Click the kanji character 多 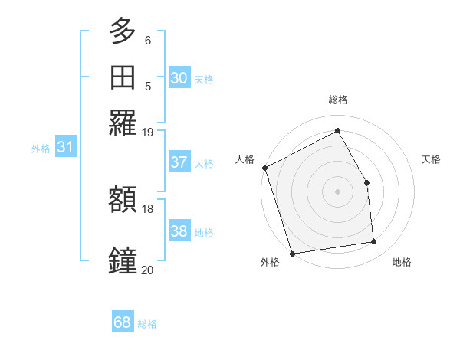pos(123,33)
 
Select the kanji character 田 pos(123,77)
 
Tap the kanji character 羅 pos(123,123)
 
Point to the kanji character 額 pos(123,200)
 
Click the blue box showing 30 pos(179,78)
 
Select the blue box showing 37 pos(179,162)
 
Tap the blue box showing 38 pos(179,232)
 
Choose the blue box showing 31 pos(65,148)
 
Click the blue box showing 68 pos(123,322)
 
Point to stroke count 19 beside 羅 pos(148,132)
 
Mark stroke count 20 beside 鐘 pos(147,269)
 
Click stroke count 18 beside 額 pos(148,208)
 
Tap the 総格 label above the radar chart pos(337,100)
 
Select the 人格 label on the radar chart pos(245,159)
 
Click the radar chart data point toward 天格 pos(366,182)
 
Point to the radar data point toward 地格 pos(374,242)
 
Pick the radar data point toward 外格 pos(292,254)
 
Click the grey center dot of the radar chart pos(337,191)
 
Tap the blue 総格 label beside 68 pos(147,324)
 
